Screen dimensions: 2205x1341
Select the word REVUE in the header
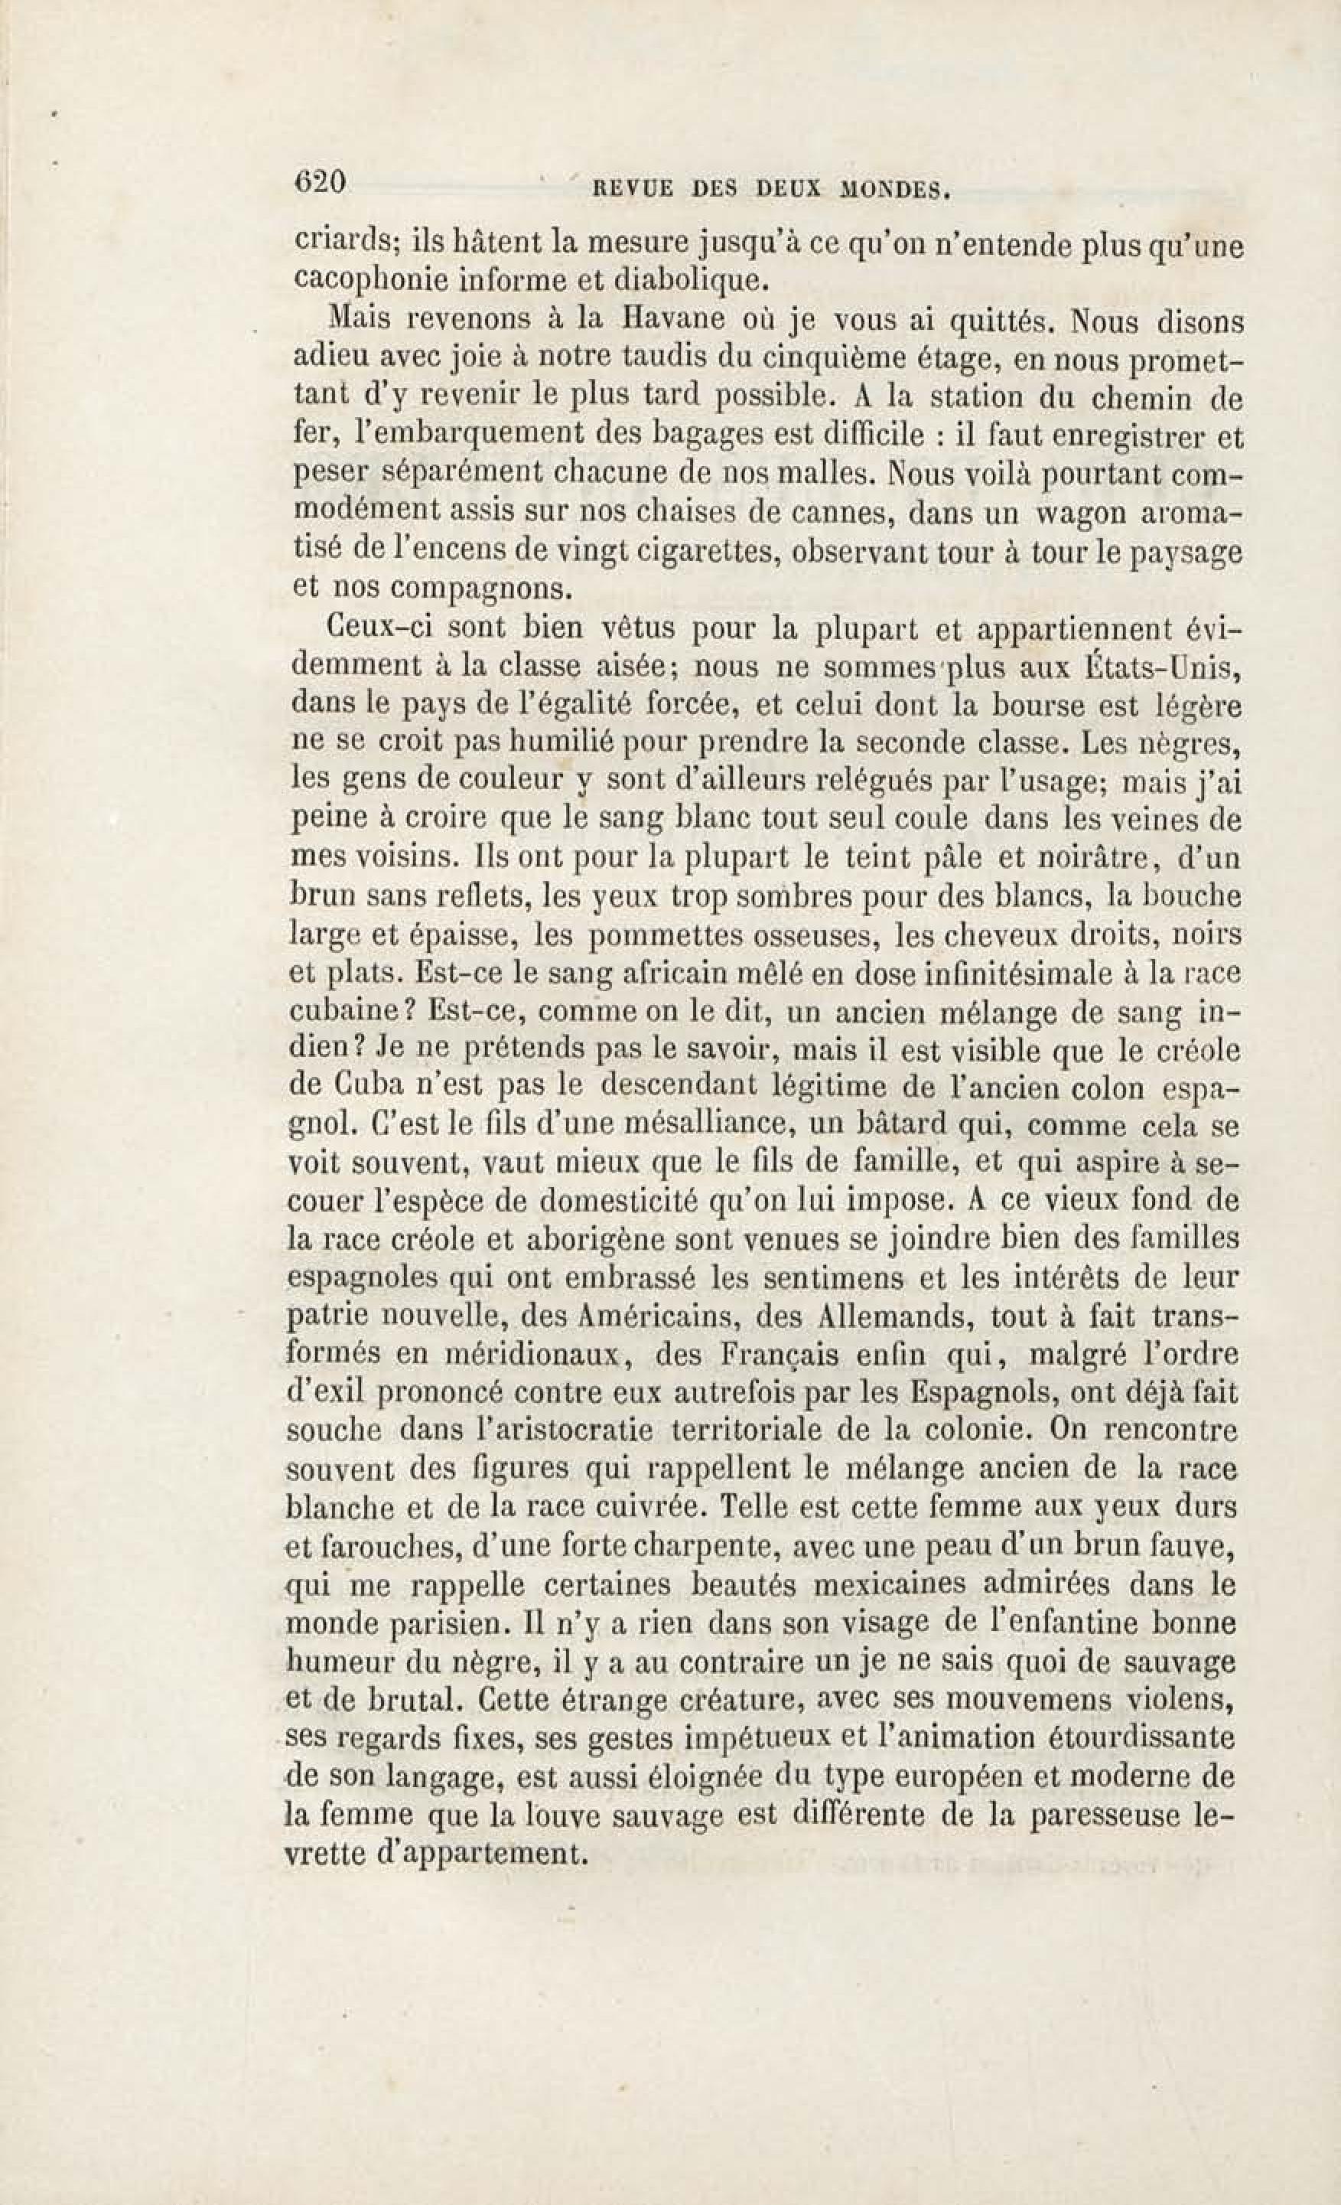(627, 189)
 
